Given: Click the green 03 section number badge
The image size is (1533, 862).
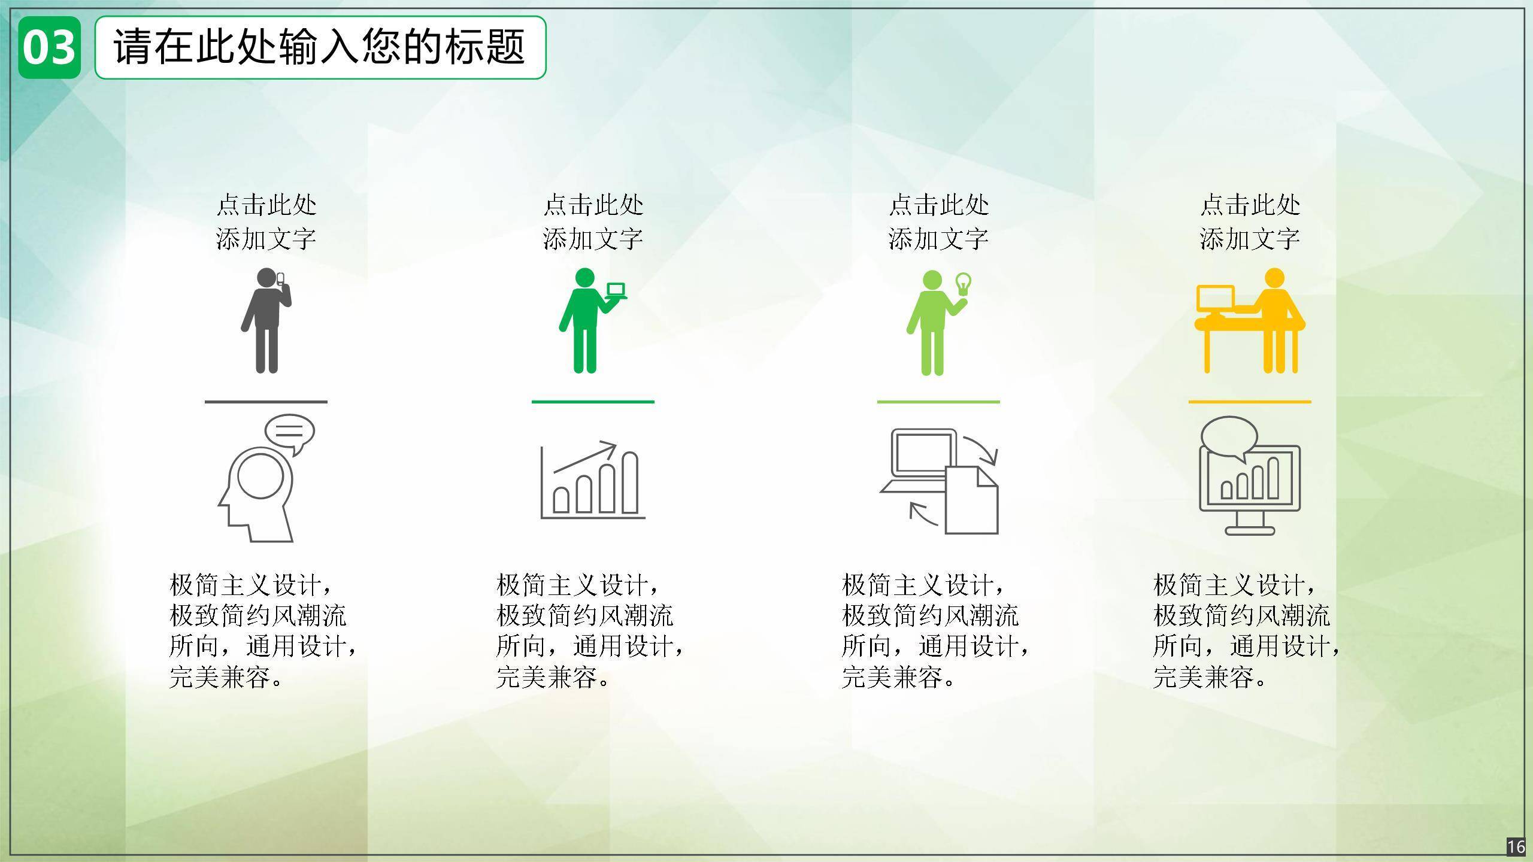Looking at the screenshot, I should [49, 48].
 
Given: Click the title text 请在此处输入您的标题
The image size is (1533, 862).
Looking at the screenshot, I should [320, 47].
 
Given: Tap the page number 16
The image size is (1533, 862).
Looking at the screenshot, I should [1516, 847].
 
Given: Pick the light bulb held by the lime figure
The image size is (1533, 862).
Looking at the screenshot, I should [963, 283].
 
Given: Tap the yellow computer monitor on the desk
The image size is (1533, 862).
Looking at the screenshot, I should [1215, 299].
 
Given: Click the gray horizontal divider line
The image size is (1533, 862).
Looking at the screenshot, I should [266, 402].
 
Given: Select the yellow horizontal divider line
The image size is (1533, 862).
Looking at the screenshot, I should [1250, 402].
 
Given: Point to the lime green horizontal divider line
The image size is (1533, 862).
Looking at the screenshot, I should [938, 402].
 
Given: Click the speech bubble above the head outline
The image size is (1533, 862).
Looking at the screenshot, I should [290, 431].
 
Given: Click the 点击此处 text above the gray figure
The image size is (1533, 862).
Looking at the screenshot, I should [266, 205].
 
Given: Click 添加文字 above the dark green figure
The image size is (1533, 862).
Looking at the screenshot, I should [593, 239].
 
